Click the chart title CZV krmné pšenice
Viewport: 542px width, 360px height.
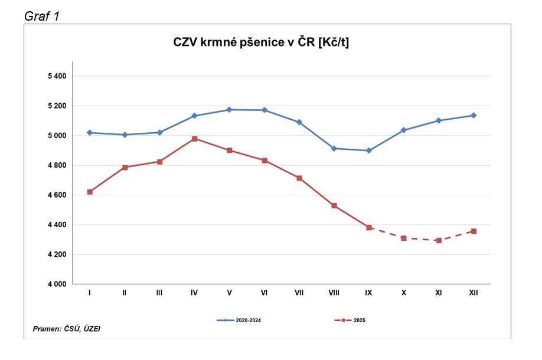coord(260,42)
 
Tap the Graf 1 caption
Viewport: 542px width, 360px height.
coord(41,15)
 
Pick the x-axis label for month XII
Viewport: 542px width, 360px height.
coord(473,293)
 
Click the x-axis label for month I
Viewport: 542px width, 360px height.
coord(89,293)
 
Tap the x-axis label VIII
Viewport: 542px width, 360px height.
coord(334,293)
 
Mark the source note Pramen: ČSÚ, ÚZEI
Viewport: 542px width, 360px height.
coord(66,328)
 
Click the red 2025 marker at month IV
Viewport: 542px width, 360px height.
coord(194,139)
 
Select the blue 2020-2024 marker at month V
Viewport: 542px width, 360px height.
coord(229,110)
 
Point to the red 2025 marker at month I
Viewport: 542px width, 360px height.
coord(89,192)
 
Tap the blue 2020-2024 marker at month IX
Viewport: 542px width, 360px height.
coord(368,150)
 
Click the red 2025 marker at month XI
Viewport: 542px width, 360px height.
coord(439,240)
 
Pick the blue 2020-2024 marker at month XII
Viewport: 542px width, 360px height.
coord(474,116)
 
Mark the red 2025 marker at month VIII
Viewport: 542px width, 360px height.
coord(334,205)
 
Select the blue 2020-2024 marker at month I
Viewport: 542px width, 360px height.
coord(89,133)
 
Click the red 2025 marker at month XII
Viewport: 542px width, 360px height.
coord(474,231)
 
